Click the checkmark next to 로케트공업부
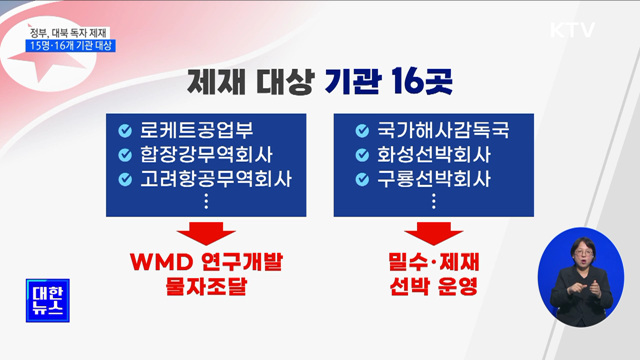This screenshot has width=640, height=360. tap(125, 131)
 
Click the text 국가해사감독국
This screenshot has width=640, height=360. tap(430, 131)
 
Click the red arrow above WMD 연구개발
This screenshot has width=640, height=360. tap(206, 233)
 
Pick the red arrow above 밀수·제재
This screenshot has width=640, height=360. tap(432, 233)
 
